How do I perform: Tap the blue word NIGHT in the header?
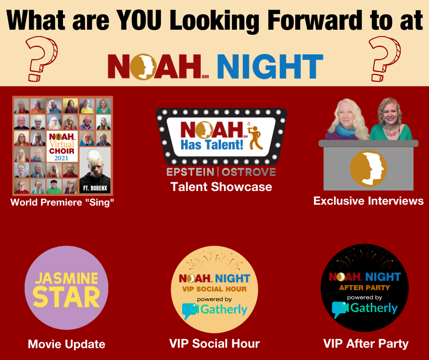270,67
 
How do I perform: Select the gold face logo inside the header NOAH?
143,67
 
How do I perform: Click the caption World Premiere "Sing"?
62,202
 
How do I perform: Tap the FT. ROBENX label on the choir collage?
95,188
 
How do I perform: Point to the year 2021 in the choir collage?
61,158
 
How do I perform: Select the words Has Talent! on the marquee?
212,145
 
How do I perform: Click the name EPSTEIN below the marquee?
190,172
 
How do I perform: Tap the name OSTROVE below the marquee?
248,172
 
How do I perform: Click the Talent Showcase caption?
221,187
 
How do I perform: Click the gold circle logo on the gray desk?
369,168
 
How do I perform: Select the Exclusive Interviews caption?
368,201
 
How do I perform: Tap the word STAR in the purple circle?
67,297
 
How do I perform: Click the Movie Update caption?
67,344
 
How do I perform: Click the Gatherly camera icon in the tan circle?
190,310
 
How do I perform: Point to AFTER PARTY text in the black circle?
365,288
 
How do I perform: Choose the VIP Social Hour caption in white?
214,344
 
